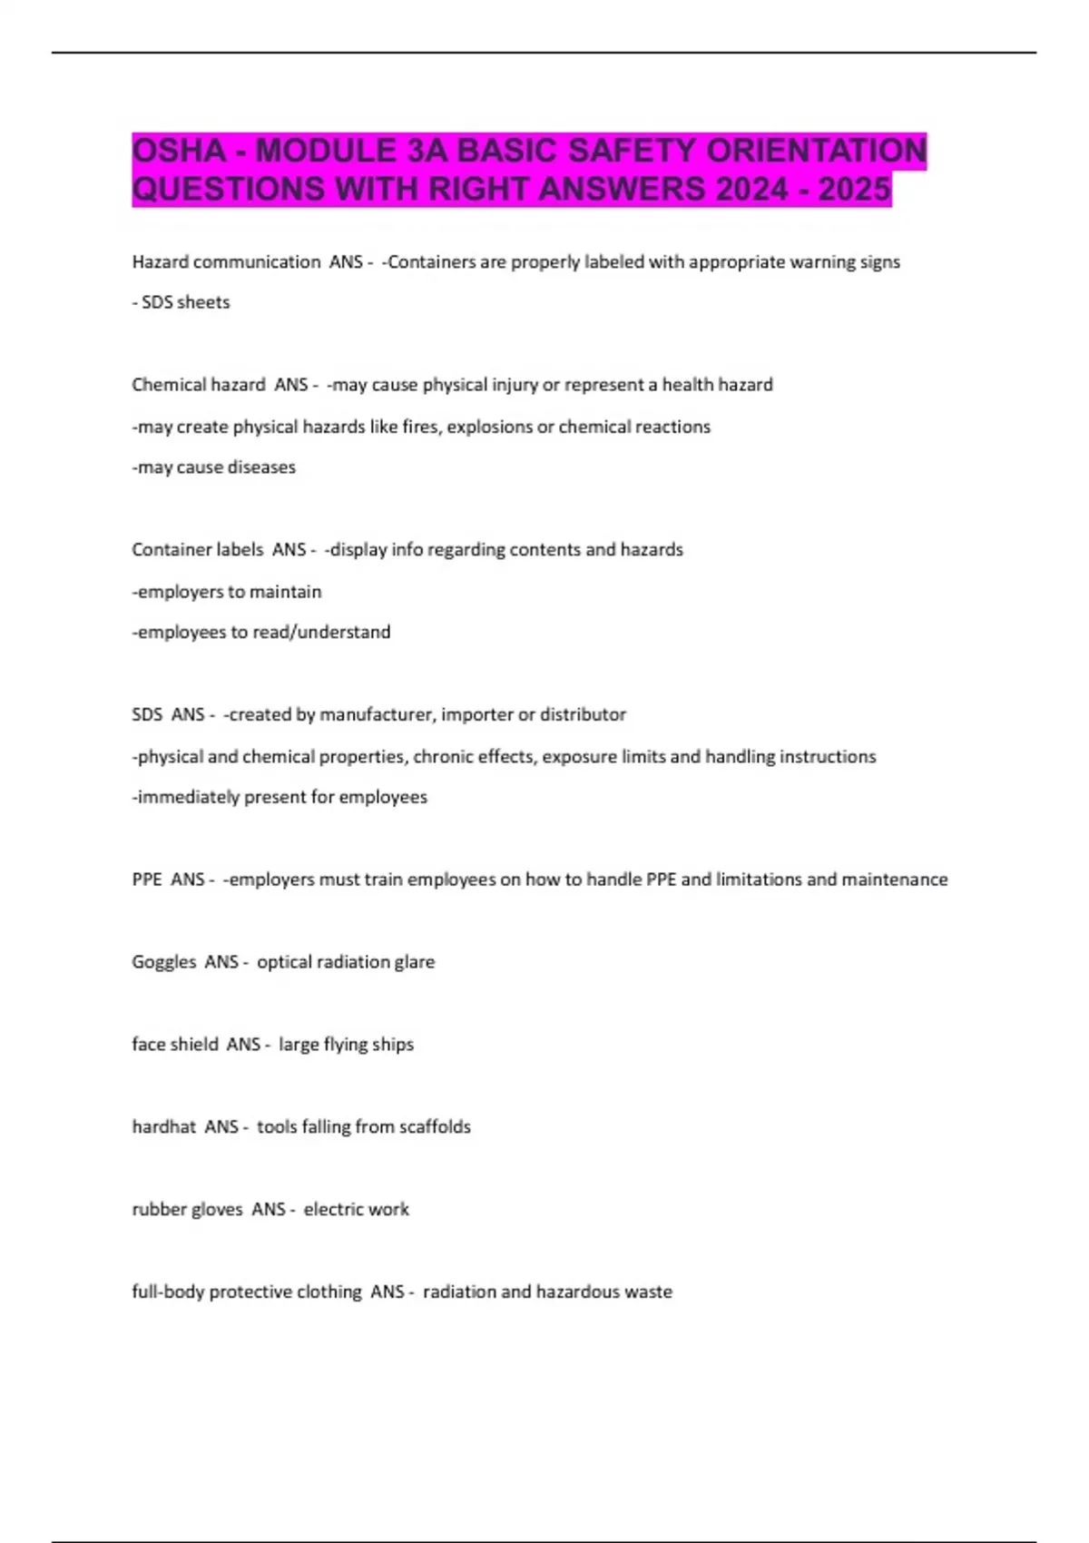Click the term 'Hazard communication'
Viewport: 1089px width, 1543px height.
click(x=226, y=262)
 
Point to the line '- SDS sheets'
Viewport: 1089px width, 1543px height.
click(x=181, y=302)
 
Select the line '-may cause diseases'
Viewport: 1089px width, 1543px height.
click(x=214, y=467)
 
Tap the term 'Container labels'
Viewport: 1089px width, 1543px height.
click(x=197, y=550)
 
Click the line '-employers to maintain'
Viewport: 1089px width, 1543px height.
click(x=227, y=592)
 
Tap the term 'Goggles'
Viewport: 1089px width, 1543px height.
click(x=163, y=962)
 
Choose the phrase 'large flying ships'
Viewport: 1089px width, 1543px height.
click(x=346, y=1045)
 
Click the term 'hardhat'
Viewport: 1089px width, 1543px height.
click(x=163, y=1127)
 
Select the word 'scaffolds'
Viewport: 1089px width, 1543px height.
click(x=435, y=1127)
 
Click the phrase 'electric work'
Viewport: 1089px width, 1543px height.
click(x=356, y=1210)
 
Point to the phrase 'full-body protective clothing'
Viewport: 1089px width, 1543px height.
click(x=246, y=1292)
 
